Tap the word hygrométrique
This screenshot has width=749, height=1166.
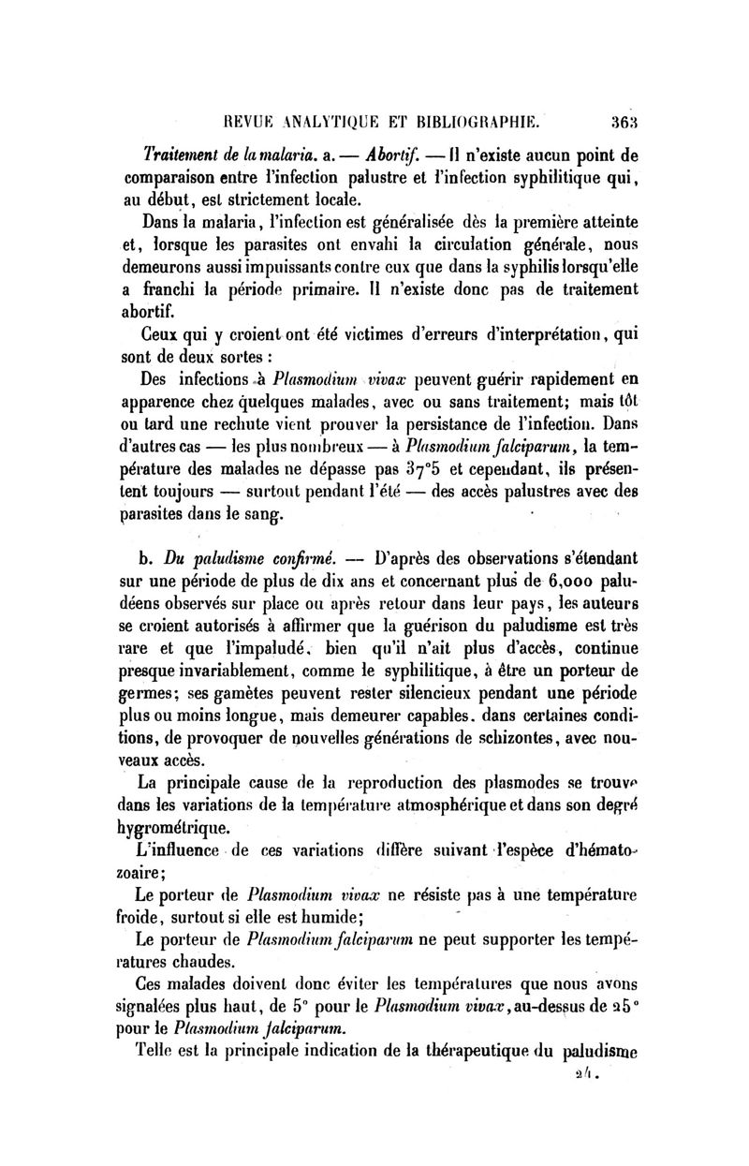(189, 827)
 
